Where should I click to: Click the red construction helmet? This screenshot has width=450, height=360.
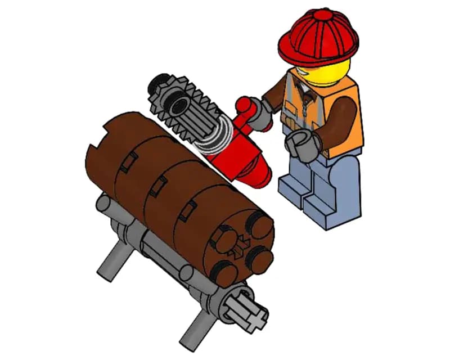[318, 34]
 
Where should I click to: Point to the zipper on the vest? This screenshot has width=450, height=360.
[307, 107]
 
